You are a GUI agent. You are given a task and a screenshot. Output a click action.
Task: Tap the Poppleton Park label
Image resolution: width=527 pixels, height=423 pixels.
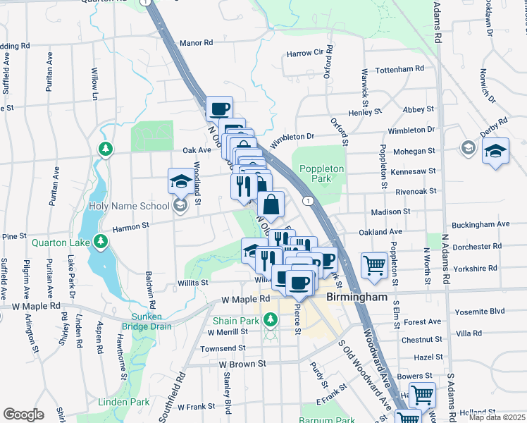[x=321, y=173]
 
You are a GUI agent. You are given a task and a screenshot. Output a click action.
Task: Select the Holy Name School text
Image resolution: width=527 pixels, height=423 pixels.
[x=130, y=206]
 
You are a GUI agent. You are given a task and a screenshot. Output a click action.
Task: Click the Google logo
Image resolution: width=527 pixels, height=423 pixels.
[x=23, y=415]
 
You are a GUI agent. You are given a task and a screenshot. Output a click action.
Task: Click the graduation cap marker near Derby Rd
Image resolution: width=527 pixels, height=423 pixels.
[x=495, y=151]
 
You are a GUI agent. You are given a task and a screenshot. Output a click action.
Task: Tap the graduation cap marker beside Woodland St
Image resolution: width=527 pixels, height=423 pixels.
[x=180, y=181]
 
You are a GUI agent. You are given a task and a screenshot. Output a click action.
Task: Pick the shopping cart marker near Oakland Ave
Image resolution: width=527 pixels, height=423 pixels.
[x=374, y=264]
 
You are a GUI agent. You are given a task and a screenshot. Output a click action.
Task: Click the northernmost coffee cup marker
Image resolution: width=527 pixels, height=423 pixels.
[x=219, y=109]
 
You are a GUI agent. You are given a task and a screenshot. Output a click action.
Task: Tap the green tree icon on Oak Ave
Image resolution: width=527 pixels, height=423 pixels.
[x=106, y=149]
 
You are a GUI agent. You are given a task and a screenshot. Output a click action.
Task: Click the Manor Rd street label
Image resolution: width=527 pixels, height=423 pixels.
[x=196, y=43]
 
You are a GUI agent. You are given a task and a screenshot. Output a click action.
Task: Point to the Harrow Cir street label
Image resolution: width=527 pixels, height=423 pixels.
[x=304, y=54]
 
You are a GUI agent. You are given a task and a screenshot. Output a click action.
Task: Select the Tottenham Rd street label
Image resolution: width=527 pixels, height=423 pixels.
[x=399, y=69]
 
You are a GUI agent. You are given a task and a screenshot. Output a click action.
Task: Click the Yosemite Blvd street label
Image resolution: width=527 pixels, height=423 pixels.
[x=480, y=310]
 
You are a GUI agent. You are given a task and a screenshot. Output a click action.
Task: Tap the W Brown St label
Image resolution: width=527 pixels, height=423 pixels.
[x=241, y=364]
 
